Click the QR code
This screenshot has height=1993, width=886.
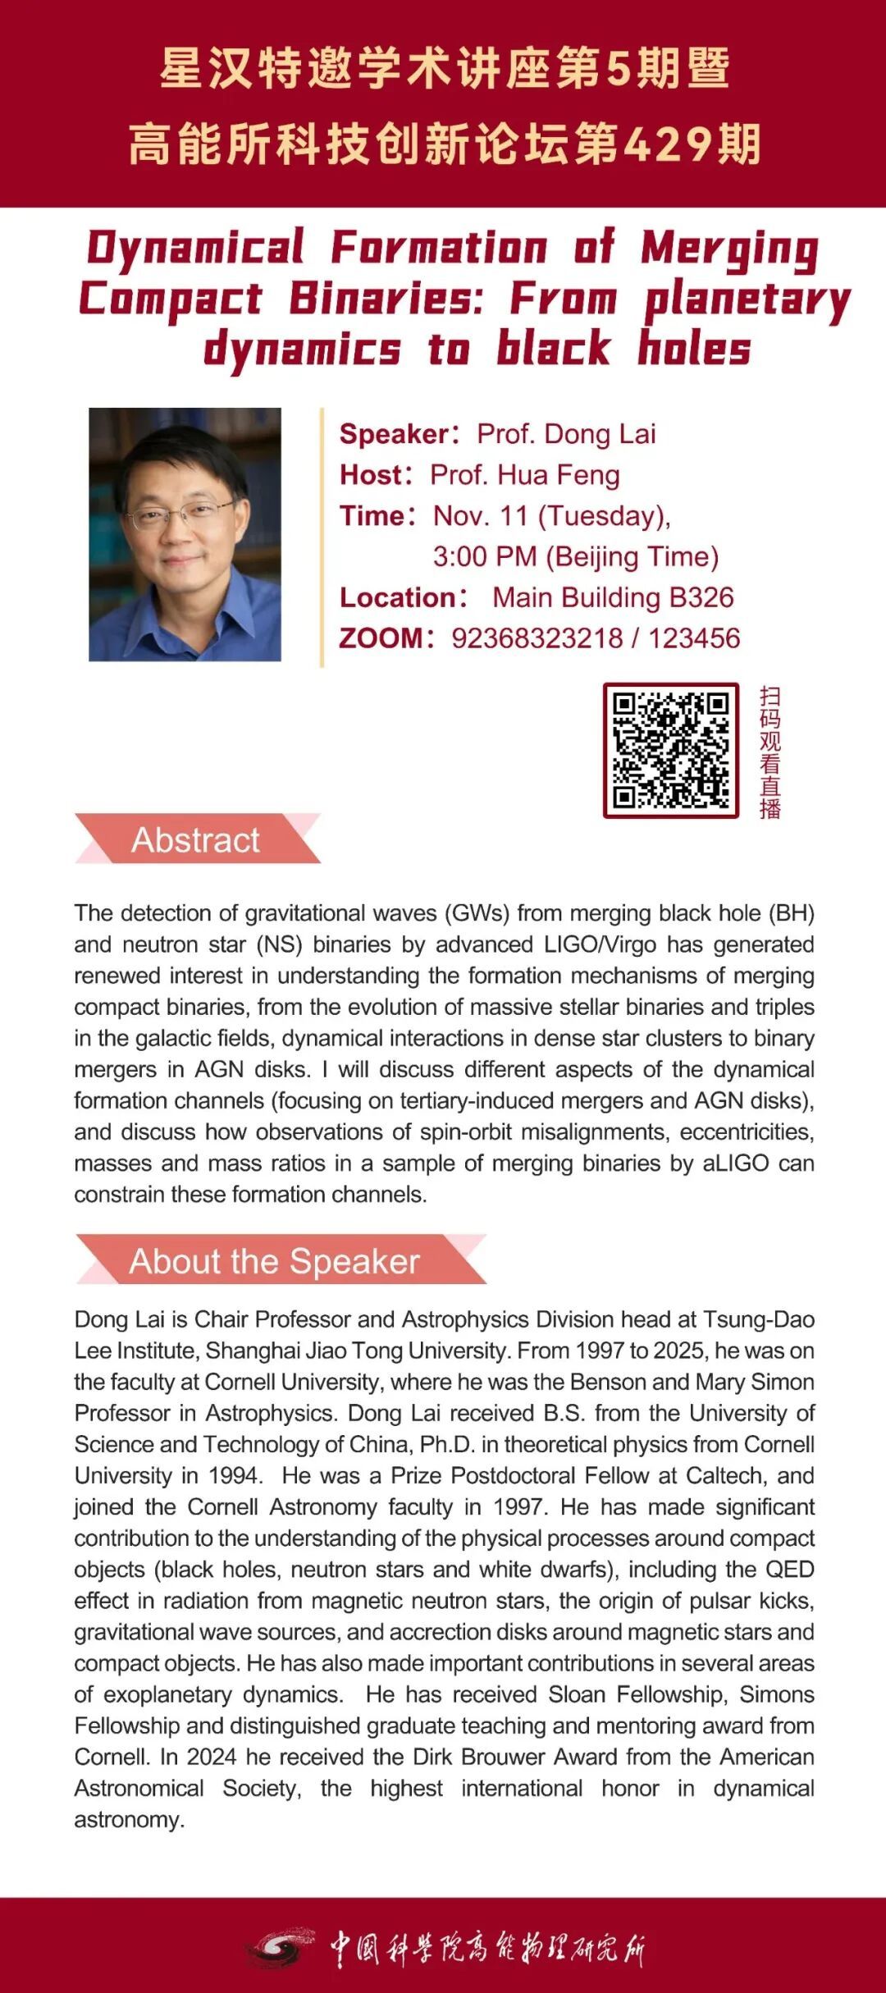pos(671,750)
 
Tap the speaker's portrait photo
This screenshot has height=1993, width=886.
pos(185,534)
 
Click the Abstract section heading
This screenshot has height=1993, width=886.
pos(195,839)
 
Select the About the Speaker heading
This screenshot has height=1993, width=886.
pos(274,1261)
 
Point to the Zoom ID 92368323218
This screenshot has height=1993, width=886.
pos(537,638)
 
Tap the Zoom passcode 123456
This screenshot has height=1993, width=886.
pos(694,638)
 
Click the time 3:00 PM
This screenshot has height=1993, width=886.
pos(484,556)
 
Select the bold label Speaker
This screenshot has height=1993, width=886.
pos(393,434)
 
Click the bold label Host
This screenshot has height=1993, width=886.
pos(372,475)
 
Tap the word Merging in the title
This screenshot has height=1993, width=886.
pos(729,249)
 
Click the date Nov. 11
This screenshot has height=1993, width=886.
pos(480,516)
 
